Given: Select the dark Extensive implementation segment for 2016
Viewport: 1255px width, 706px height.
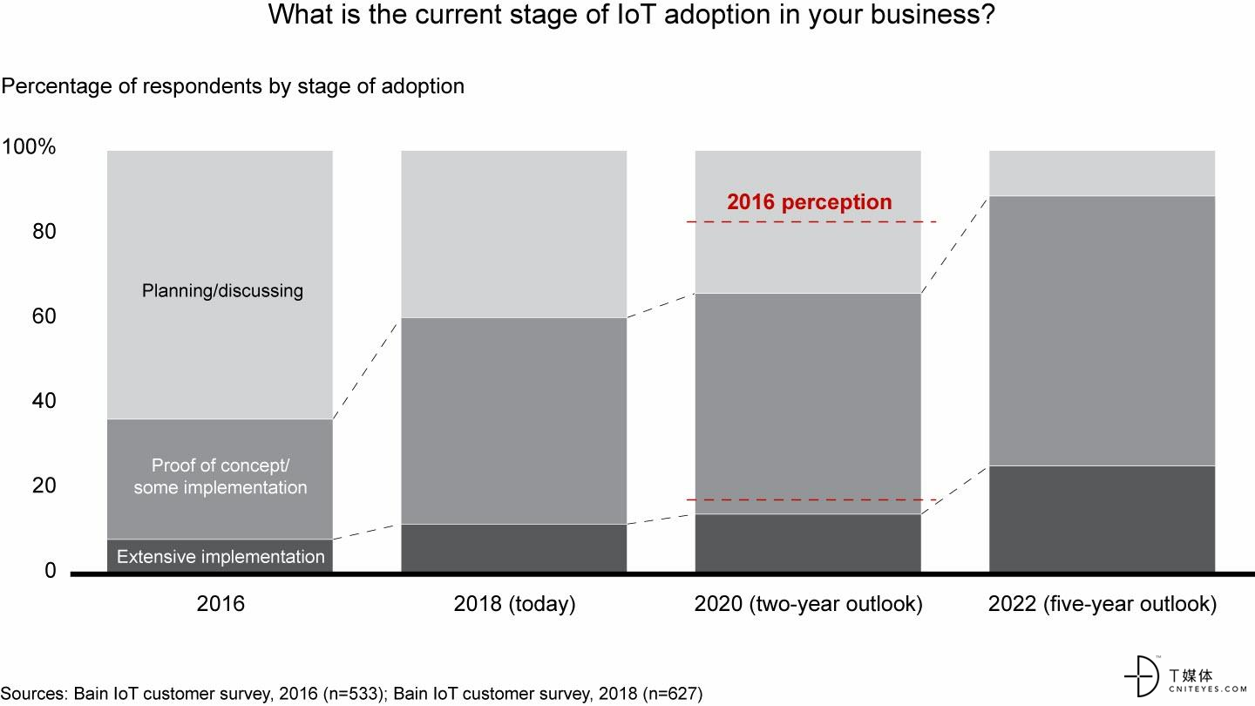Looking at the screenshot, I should click(220, 556).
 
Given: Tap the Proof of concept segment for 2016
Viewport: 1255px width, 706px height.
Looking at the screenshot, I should click(220, 477).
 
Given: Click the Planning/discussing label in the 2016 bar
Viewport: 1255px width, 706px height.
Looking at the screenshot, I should click(222, 290).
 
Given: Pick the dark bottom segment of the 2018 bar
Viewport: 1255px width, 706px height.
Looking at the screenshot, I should click(514, 547).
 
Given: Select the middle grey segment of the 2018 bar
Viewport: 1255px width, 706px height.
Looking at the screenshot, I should click(514, 420).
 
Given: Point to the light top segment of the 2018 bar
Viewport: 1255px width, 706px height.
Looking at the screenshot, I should click(514, 234).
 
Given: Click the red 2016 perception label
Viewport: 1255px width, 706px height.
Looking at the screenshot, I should click(810, 202).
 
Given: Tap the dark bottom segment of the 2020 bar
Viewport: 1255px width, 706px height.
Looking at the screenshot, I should click(808, 542).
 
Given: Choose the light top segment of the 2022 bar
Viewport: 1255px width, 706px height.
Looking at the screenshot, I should click(1102, 173).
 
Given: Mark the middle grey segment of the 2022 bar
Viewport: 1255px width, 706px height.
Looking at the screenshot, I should click(1102, 330).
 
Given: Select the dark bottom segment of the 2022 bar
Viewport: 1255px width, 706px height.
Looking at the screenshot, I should click(1102, 519).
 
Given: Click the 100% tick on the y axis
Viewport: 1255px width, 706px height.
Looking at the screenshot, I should click(30, 147).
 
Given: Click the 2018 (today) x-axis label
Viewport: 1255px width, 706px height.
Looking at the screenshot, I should click(514, 604).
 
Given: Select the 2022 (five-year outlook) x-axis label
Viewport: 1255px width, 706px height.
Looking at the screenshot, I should click(1102, 604).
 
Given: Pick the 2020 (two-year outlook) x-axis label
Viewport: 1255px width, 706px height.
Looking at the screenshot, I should click(808, 604).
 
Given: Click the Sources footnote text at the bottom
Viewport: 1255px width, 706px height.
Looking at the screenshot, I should click(352, 694).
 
